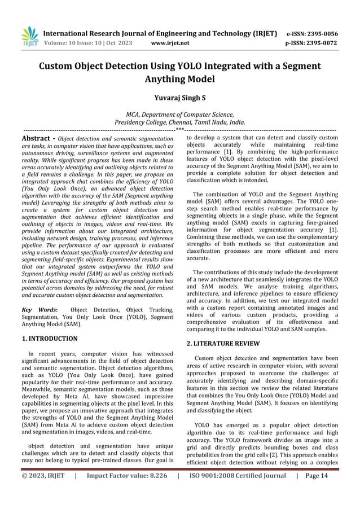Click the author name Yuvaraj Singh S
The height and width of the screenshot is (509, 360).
(179, 97)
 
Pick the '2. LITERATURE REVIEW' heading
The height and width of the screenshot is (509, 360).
(223, 343)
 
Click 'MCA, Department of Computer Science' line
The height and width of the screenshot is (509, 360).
(179, 114)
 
